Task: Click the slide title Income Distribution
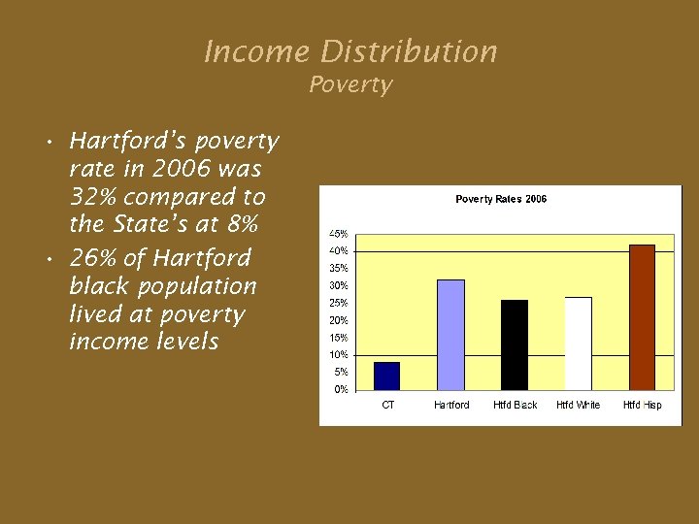350,51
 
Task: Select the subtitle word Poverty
350,85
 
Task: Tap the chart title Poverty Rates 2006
501,199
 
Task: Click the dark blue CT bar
386,376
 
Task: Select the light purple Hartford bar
451,335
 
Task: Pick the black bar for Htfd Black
515,344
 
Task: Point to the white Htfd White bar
579,344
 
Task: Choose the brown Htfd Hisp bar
642,317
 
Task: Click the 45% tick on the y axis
339,234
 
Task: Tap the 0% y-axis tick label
341,389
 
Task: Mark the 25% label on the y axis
339,303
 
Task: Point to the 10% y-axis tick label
339,355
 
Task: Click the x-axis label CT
387,405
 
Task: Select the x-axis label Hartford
451,405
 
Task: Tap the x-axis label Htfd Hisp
642,405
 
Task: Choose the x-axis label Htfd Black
515,405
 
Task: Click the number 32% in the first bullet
92,197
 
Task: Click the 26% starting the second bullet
92,258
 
